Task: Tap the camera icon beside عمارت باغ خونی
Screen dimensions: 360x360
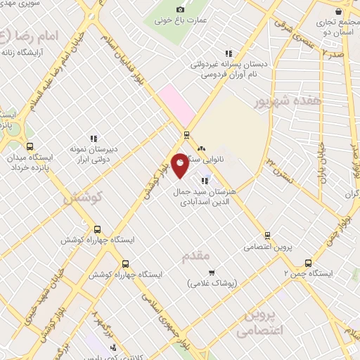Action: tap(180, 9)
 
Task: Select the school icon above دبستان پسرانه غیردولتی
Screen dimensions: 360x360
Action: tap(228, 53)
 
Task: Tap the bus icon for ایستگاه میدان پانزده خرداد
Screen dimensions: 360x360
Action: tap(29, 147)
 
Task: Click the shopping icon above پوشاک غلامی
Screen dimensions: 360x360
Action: tap(211, 271)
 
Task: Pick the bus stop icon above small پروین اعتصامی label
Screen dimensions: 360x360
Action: tap(266, 236)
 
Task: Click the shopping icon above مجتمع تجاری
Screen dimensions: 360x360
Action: tap(339, 11)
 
